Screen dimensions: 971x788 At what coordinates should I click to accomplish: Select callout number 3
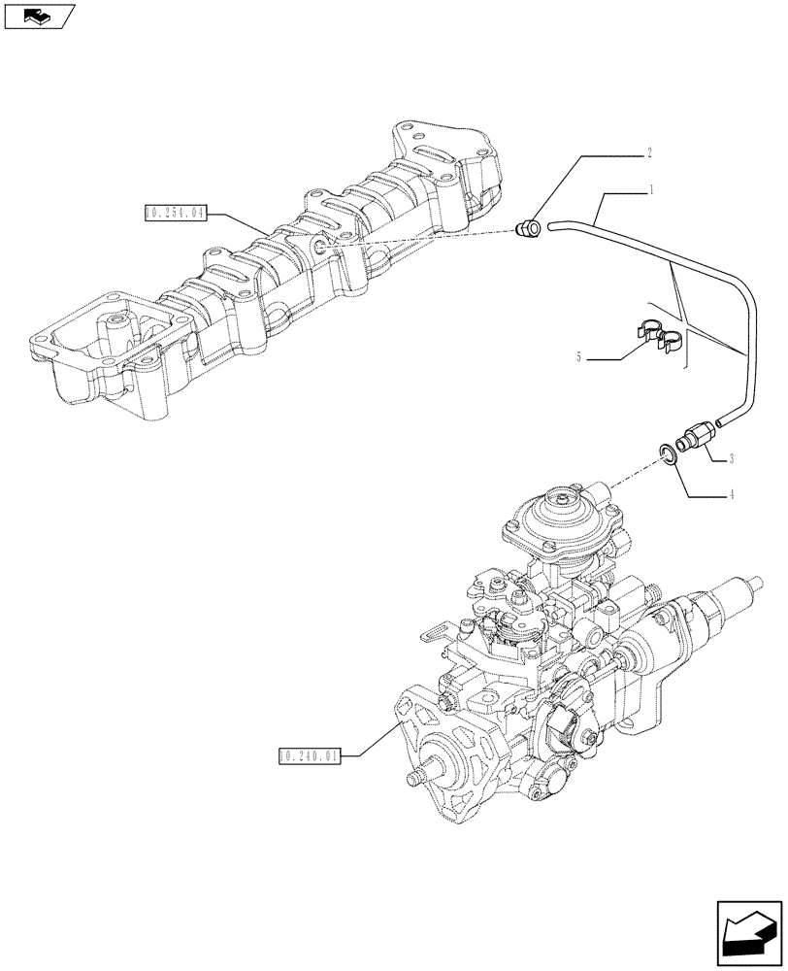(x=730, y=457)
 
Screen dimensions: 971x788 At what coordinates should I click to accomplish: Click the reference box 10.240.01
(x=310, y=754)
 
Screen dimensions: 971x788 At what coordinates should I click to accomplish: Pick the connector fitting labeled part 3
(x=695, y=435)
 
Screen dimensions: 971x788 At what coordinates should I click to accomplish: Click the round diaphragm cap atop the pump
(x=565, y=512)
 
